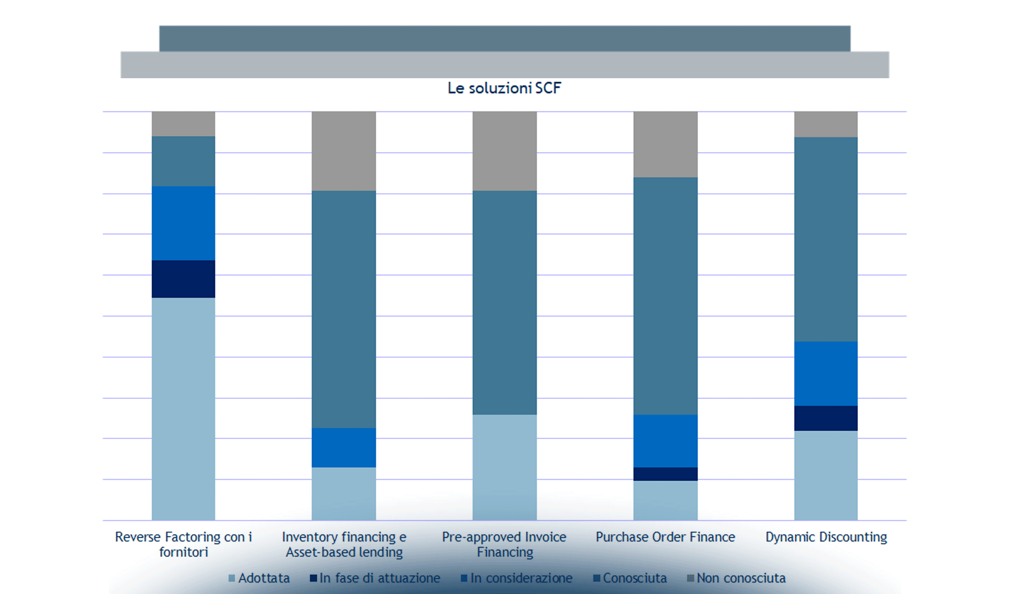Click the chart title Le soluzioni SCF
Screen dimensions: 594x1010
point(504,88)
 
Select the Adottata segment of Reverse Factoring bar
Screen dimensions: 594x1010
point(183,408)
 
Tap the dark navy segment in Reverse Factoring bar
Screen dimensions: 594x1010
point(183,279)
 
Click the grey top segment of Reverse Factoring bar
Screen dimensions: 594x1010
point(183,124)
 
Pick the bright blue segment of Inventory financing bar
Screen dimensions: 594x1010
point(344,447)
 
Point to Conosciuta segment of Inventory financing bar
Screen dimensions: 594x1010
point(344,309)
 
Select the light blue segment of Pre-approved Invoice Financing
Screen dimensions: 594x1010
point(505,467)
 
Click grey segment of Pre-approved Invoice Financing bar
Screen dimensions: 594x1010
point(505,151)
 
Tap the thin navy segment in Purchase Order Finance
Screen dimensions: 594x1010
point(665,474)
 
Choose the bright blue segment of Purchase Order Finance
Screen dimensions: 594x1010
point(665,441)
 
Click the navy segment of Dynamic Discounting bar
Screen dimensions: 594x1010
point(826,418)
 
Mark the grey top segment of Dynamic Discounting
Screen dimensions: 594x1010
point(826,124)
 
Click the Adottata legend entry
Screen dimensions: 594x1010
point(259,578)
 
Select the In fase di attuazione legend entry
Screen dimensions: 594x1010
point(375,578)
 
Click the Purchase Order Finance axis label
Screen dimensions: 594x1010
point(665,537)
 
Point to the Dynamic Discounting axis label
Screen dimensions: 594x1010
point(826,537)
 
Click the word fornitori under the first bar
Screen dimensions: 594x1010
point(183,552)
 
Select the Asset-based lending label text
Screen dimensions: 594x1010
point(344,552)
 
